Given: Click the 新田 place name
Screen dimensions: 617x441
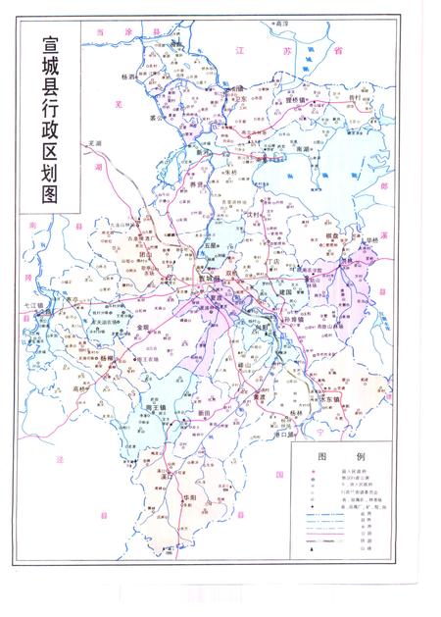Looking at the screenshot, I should [x=203, y=413].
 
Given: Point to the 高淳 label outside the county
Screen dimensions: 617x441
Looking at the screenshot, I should [x=283, y=22].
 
